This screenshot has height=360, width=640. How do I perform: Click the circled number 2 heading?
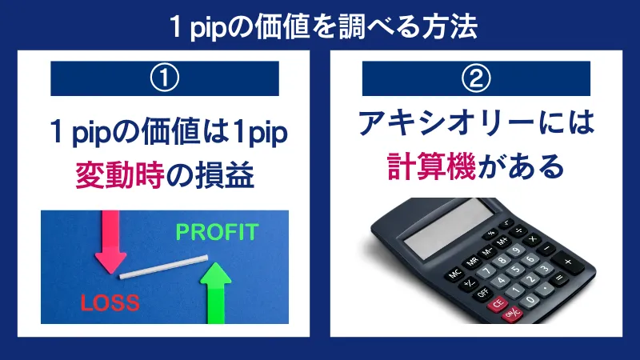[x=477, y=78]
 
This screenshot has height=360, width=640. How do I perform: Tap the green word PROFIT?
[x=217, y=233]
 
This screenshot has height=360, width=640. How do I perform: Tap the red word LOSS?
[x=110, y=302]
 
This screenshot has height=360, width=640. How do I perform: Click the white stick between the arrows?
[x=164, y=267]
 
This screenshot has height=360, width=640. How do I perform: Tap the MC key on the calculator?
[x=455, y=273]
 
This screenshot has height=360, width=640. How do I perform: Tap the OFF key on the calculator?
[x=482, y=294]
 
